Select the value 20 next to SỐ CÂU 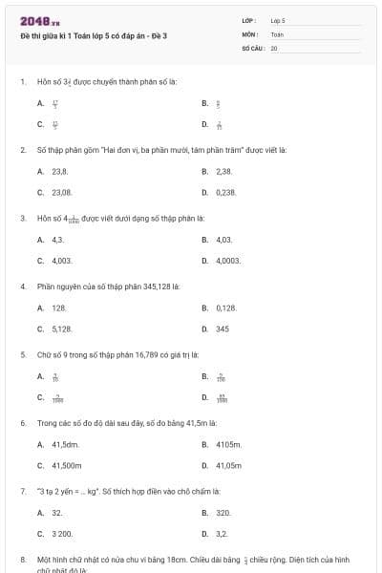(x=274, y=47)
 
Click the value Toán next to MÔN (x=277, y=33)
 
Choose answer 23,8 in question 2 (x=59, y=171)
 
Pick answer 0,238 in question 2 (x=225, y=192)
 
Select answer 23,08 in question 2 (x=61, y=192)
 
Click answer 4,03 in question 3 (x=224, y=239)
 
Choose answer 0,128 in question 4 (x=225, y=308)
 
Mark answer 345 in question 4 (x=222, y=329)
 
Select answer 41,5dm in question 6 (x=64, y=444)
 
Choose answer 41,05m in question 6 (x=228, y=465)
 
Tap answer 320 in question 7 (x=223, y=513)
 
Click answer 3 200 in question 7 (x=61, y=534)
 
